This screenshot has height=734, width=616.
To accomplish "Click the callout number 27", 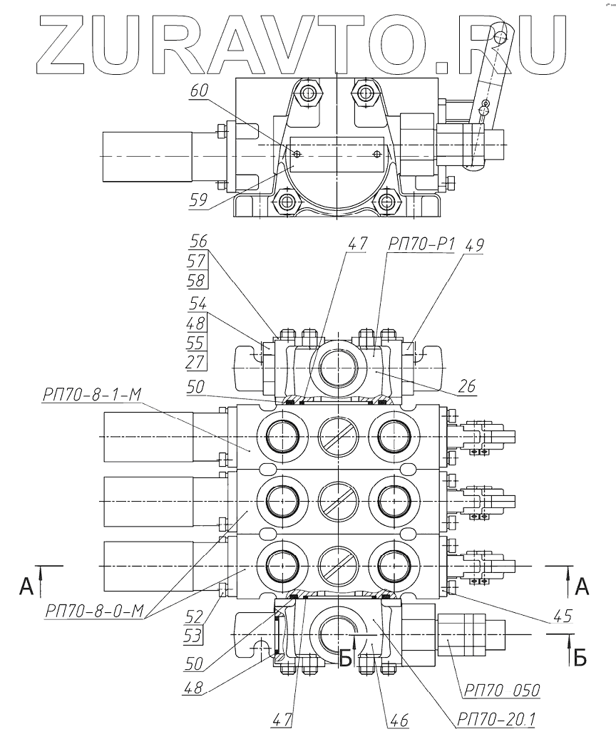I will click(x=197, y=361).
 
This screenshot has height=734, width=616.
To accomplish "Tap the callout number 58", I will click(x=197, y=279).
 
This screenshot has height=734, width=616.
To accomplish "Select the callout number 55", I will click(x=197, y=342).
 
